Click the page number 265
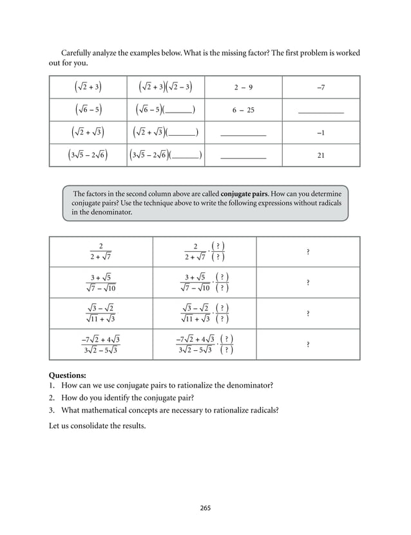tap(205, 508)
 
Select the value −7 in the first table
tap(321, 87)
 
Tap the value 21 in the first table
tap(321, 155)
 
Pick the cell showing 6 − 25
tap(243, 110)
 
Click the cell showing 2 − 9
tap(243, 87)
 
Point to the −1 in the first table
tap(321, 133)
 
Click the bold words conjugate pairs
tap(242, 193)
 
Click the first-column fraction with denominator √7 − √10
tap(100, 283)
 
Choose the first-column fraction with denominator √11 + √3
tap(100, 314)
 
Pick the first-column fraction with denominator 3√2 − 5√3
tap(100, 344)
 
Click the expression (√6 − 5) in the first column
tap(88, 109)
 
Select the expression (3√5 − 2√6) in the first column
tap(88, 155)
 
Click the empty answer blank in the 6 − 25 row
tap(321, 111)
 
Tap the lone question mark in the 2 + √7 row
tap(308, 252)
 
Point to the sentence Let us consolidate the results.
tap(97, 425)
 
